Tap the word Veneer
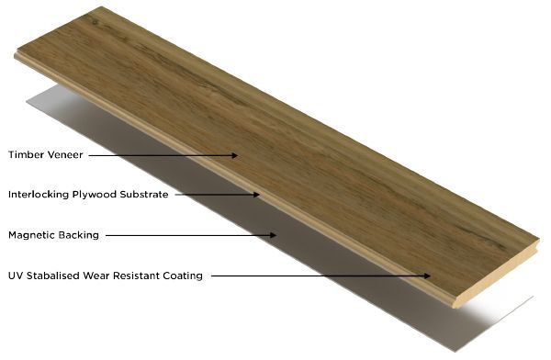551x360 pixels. coord(66,154)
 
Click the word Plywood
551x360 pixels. coord(95,195)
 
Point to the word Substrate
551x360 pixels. coord(144,195)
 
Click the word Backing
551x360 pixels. coord(79,235)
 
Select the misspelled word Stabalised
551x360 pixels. coord(53,276)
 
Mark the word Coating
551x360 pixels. coord(183,276)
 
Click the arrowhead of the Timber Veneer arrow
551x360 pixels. coord(234,155)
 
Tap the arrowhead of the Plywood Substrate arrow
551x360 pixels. coord(256,195)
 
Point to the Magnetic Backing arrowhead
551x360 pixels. coord(273,235)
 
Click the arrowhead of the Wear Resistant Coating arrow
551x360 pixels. coord(427,276)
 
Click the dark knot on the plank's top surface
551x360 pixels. coord(95,22)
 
